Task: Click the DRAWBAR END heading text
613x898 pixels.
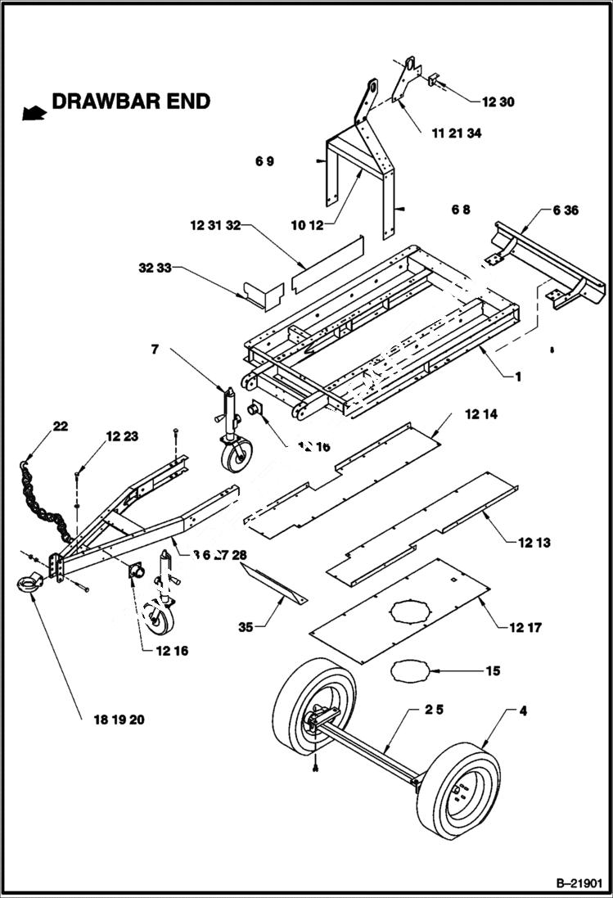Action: point(131,102)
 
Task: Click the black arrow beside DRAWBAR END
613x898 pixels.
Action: point(34,111)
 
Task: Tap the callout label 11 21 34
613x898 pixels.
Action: point(456,133)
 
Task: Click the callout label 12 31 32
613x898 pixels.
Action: point(215,224)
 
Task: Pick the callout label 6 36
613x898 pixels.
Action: point(565,210)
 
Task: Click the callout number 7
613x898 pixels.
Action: point(153,350)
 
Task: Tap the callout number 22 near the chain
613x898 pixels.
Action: point(61,426)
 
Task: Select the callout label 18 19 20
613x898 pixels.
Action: point(113,720)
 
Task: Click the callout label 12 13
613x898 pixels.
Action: point(534,542)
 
